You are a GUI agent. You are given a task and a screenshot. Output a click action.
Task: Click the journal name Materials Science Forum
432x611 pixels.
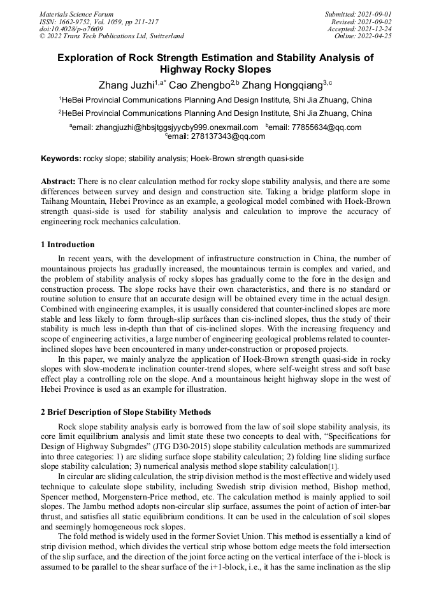pyautogui.click(x=76, y=14)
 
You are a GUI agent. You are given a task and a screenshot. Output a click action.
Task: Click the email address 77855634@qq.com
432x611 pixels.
pyautogui.click(x=326, y=127)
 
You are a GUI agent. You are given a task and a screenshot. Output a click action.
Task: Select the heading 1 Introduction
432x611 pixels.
pyautogui.click(x=68, y=245)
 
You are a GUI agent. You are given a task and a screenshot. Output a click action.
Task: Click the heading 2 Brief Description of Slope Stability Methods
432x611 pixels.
pyautogui.click(x=126, y=412)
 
